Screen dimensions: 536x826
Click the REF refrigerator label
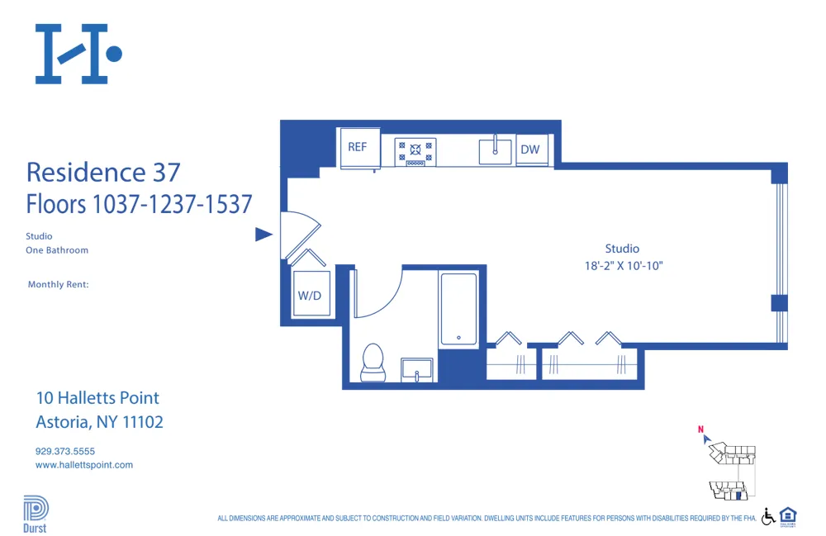click(x=358, y=147)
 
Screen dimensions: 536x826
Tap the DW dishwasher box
click(x=530, y=149)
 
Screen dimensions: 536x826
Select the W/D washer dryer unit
click(x=311, y=294)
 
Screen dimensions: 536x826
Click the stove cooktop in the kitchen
click(x=415, y=150)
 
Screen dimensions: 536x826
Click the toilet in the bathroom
click(x=373, y=362)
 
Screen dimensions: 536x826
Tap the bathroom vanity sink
click(x=418, y=369)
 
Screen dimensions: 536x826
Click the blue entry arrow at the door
click(x=263, y=235)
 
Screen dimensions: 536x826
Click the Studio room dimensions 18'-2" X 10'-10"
click(x=622, y=266)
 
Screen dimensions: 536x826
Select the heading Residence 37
click(x=103, y=172)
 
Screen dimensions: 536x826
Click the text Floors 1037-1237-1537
click(x=139, y=203)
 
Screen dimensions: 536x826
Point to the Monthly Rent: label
click(x=58, y=284)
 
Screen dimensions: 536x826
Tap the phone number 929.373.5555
click(x=65, y=451)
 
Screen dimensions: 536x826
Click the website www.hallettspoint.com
click(x=84, y=465)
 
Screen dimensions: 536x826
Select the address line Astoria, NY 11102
click(x=99, y=422)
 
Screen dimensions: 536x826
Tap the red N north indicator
click(x=700, y=429)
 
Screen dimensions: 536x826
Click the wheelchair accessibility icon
click(x=767, y=516)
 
